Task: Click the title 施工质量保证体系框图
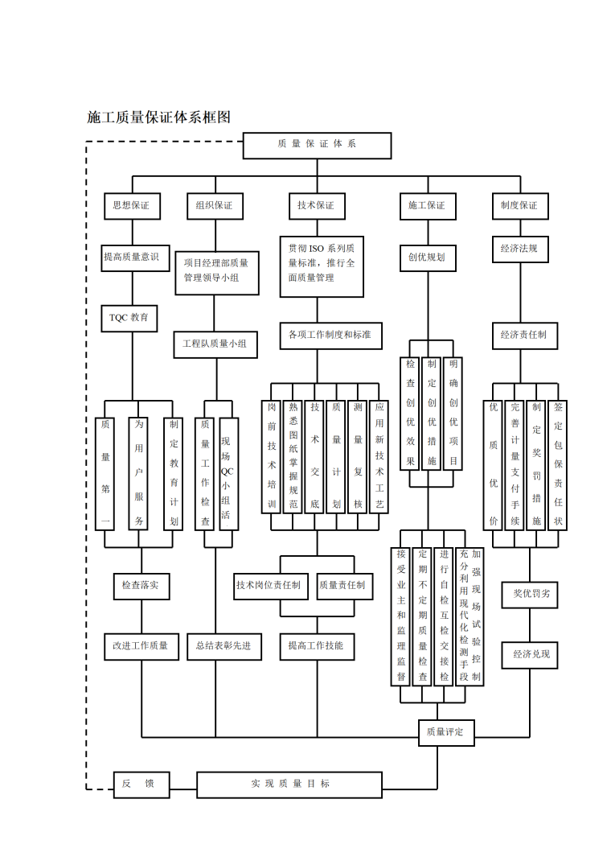click(x=159, y=117)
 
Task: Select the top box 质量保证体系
click(x=317, y=145)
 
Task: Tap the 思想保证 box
click(x=131, y=206)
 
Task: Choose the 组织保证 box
click(x=214, y=206)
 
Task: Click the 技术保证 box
click(x=316, y=206)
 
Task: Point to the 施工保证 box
click(x=426, y=206)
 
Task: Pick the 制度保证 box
click(x=519, y=206)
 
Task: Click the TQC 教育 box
click(x=129, y=318)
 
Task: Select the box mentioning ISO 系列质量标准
click(x=321, y=266)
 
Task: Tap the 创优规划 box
click(x=426, y=257)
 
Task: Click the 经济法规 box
click(x=519, y=249)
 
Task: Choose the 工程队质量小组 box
click(x=215, y=344)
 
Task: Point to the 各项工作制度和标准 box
click(x=330, y=334)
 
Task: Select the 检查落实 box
click(x=141, y=586)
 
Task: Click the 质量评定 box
click(x=445, y=732)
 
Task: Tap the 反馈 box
click(x=140, y=784)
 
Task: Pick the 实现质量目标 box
click(x=289, y=784)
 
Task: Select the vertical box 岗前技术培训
click(x=272, y=455)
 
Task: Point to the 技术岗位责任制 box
click(x=269, y=586)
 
